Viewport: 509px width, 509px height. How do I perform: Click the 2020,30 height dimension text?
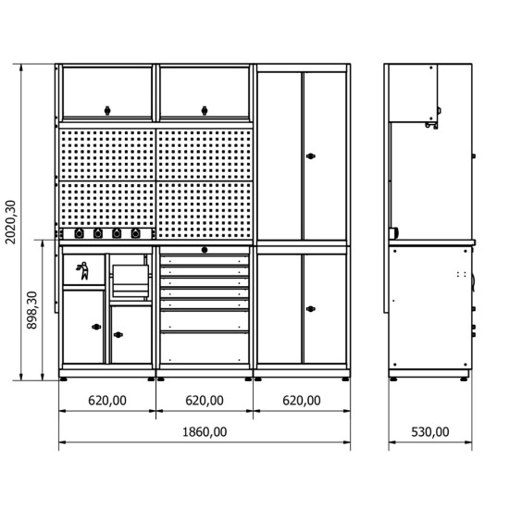11,222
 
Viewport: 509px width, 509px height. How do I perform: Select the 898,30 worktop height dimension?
32,310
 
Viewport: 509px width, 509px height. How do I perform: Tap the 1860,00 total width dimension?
205,432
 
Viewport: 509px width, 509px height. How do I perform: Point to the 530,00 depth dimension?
430,432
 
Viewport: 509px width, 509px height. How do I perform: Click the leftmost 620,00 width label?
107,401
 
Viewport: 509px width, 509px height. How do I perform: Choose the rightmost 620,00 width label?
302,401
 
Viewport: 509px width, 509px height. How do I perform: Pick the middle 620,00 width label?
205,401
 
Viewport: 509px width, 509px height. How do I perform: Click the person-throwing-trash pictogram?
82,270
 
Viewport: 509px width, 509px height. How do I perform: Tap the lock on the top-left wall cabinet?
107,110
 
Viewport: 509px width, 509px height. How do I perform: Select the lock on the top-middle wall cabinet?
205,110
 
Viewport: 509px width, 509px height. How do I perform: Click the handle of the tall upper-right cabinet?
311,156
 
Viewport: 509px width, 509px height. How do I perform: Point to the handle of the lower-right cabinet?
311,309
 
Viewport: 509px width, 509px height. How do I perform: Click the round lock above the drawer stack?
205,250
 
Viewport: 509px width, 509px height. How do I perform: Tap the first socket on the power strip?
79,233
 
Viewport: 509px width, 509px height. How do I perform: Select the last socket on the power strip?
136,233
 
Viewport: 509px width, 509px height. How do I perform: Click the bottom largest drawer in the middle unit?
205,348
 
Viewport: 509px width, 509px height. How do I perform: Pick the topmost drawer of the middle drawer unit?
205,260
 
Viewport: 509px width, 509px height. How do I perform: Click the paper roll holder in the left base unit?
130,280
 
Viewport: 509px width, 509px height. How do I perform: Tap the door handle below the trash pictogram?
96,327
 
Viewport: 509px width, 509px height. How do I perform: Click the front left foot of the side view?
393,379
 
